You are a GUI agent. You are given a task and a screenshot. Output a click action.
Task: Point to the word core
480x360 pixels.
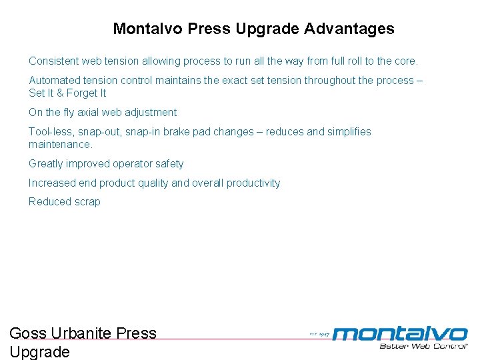click(406, 61)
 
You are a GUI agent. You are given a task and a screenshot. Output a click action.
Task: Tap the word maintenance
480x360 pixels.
click(60, 144)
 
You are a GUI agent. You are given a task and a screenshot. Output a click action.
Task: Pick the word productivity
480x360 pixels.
click(252, 183)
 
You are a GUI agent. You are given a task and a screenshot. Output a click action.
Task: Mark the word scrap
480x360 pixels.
click(86, 201)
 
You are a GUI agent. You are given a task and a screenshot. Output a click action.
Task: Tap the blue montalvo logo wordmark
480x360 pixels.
click(400, 333)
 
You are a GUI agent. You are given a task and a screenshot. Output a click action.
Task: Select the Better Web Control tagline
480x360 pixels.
click(423, 345)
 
